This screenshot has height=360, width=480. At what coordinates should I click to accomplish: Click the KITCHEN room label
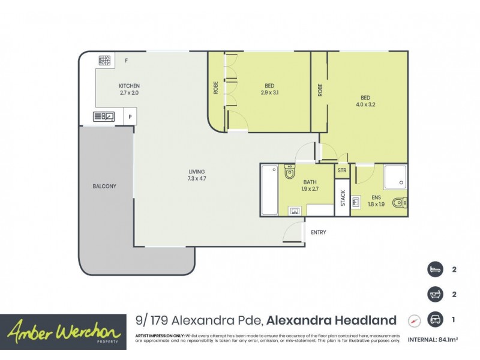click(129, 86)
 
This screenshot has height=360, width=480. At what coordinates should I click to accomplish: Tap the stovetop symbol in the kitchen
click(105, 60)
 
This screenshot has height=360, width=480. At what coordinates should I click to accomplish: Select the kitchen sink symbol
click(104, 116)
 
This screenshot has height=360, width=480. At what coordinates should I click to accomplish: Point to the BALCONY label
click(104, 187)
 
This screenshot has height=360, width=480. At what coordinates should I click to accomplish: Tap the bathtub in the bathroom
click(269, 190)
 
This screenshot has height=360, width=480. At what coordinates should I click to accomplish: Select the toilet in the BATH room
click(290, 173)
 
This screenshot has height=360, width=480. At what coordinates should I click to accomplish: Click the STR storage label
click(342, 170)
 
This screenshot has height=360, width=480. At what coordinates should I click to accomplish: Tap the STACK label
click(343, 198)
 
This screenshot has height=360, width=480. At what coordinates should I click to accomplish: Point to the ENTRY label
click(318, 232)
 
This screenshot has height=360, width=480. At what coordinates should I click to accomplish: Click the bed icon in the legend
click(434, 269)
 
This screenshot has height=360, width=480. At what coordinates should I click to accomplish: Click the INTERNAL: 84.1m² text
click(433, 340)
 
